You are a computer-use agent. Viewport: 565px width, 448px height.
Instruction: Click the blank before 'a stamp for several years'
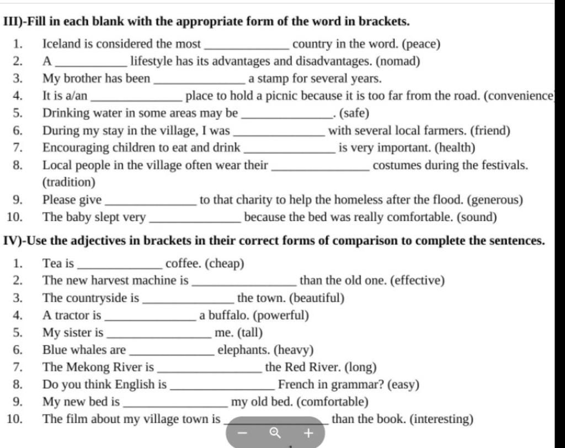pyautogui.click(x=201, y=79)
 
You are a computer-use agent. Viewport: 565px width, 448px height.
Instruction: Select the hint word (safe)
pyautogui.click(x=354, y=114)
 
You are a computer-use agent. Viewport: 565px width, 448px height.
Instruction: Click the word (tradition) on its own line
pyautogui.click(x=69, y=182)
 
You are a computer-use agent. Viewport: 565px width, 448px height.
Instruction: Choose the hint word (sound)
pyautogui.click(x=477, y=217)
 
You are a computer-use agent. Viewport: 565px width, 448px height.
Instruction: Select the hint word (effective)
pyautogui.click(x=417, y=281)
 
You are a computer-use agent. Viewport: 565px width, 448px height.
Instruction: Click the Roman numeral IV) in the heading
pyautogui.click(x=12, y=241)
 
